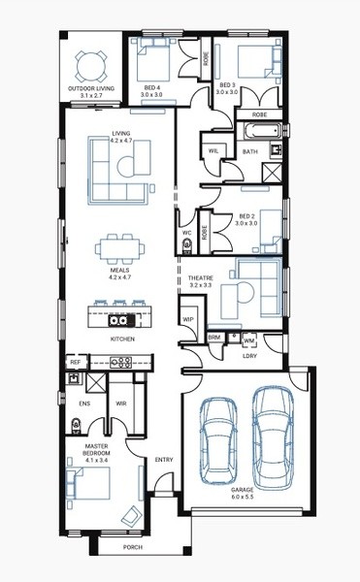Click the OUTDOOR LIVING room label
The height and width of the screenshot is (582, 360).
[x=91, y=88]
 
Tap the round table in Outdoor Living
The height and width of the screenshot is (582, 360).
[x=91, y=67]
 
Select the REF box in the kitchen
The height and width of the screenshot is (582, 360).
[x=76, y=362]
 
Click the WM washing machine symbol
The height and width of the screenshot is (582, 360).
[x=249, y=340]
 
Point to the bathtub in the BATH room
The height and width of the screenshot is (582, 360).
[x=262, y=131]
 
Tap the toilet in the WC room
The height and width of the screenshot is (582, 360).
[x=187, y=245]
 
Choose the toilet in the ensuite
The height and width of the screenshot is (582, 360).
[x=76, y=426]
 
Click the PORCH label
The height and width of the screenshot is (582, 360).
[x=133, y=547]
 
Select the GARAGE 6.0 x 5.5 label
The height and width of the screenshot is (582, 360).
[x=243, y=493]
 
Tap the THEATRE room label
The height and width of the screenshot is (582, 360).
[x=201, y=278]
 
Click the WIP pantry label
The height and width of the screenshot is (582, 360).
[x=188, y=319]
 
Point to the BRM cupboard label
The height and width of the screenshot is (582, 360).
[x=214, y=338]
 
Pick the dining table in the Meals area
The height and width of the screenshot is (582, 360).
[x=120, y=248]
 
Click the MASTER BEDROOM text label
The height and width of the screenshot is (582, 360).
[x=96, y=449]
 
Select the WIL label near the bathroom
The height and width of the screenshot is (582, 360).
[x=213, y=150]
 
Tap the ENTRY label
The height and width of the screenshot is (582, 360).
[x=164, y=460]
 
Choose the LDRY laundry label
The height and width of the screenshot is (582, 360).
[x=249, y=356]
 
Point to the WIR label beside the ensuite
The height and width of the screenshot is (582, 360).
[x=121, y=404]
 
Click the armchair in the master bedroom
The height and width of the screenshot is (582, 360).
[x=131, y=516]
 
